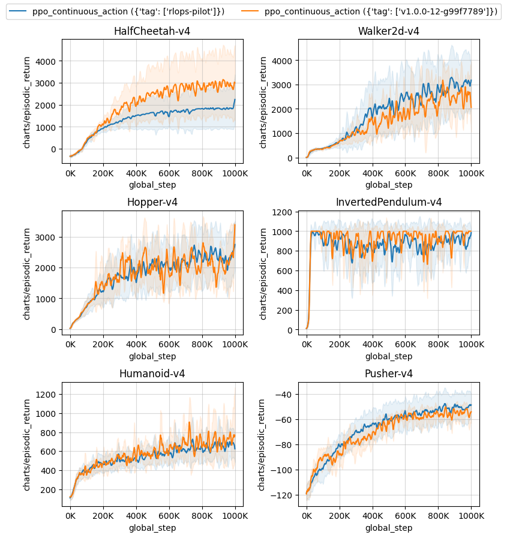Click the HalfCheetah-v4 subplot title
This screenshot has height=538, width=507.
[x=152, y=31]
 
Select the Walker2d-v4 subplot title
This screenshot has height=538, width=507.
[x=388, y=31]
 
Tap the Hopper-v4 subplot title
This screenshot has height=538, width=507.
[x=152, y=202]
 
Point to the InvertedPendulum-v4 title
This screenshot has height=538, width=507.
[x=388, y=202]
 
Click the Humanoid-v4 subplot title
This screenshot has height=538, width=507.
[x=152, y=374]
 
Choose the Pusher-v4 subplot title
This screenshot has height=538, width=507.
[x=388, y=374]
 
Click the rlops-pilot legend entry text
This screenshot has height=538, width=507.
[x=128, y=11]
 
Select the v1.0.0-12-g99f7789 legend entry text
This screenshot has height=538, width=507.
[x=380, y=11]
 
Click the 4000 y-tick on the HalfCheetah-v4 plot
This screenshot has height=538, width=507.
[x=46, y=61]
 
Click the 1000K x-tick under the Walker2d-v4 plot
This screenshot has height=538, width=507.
[x=471, y=174]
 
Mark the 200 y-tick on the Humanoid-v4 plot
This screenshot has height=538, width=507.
[x=49, y=490]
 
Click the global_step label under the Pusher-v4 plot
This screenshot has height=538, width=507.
[x=388, y=528]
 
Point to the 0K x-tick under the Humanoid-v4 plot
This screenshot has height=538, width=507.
[x=70, y=516]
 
